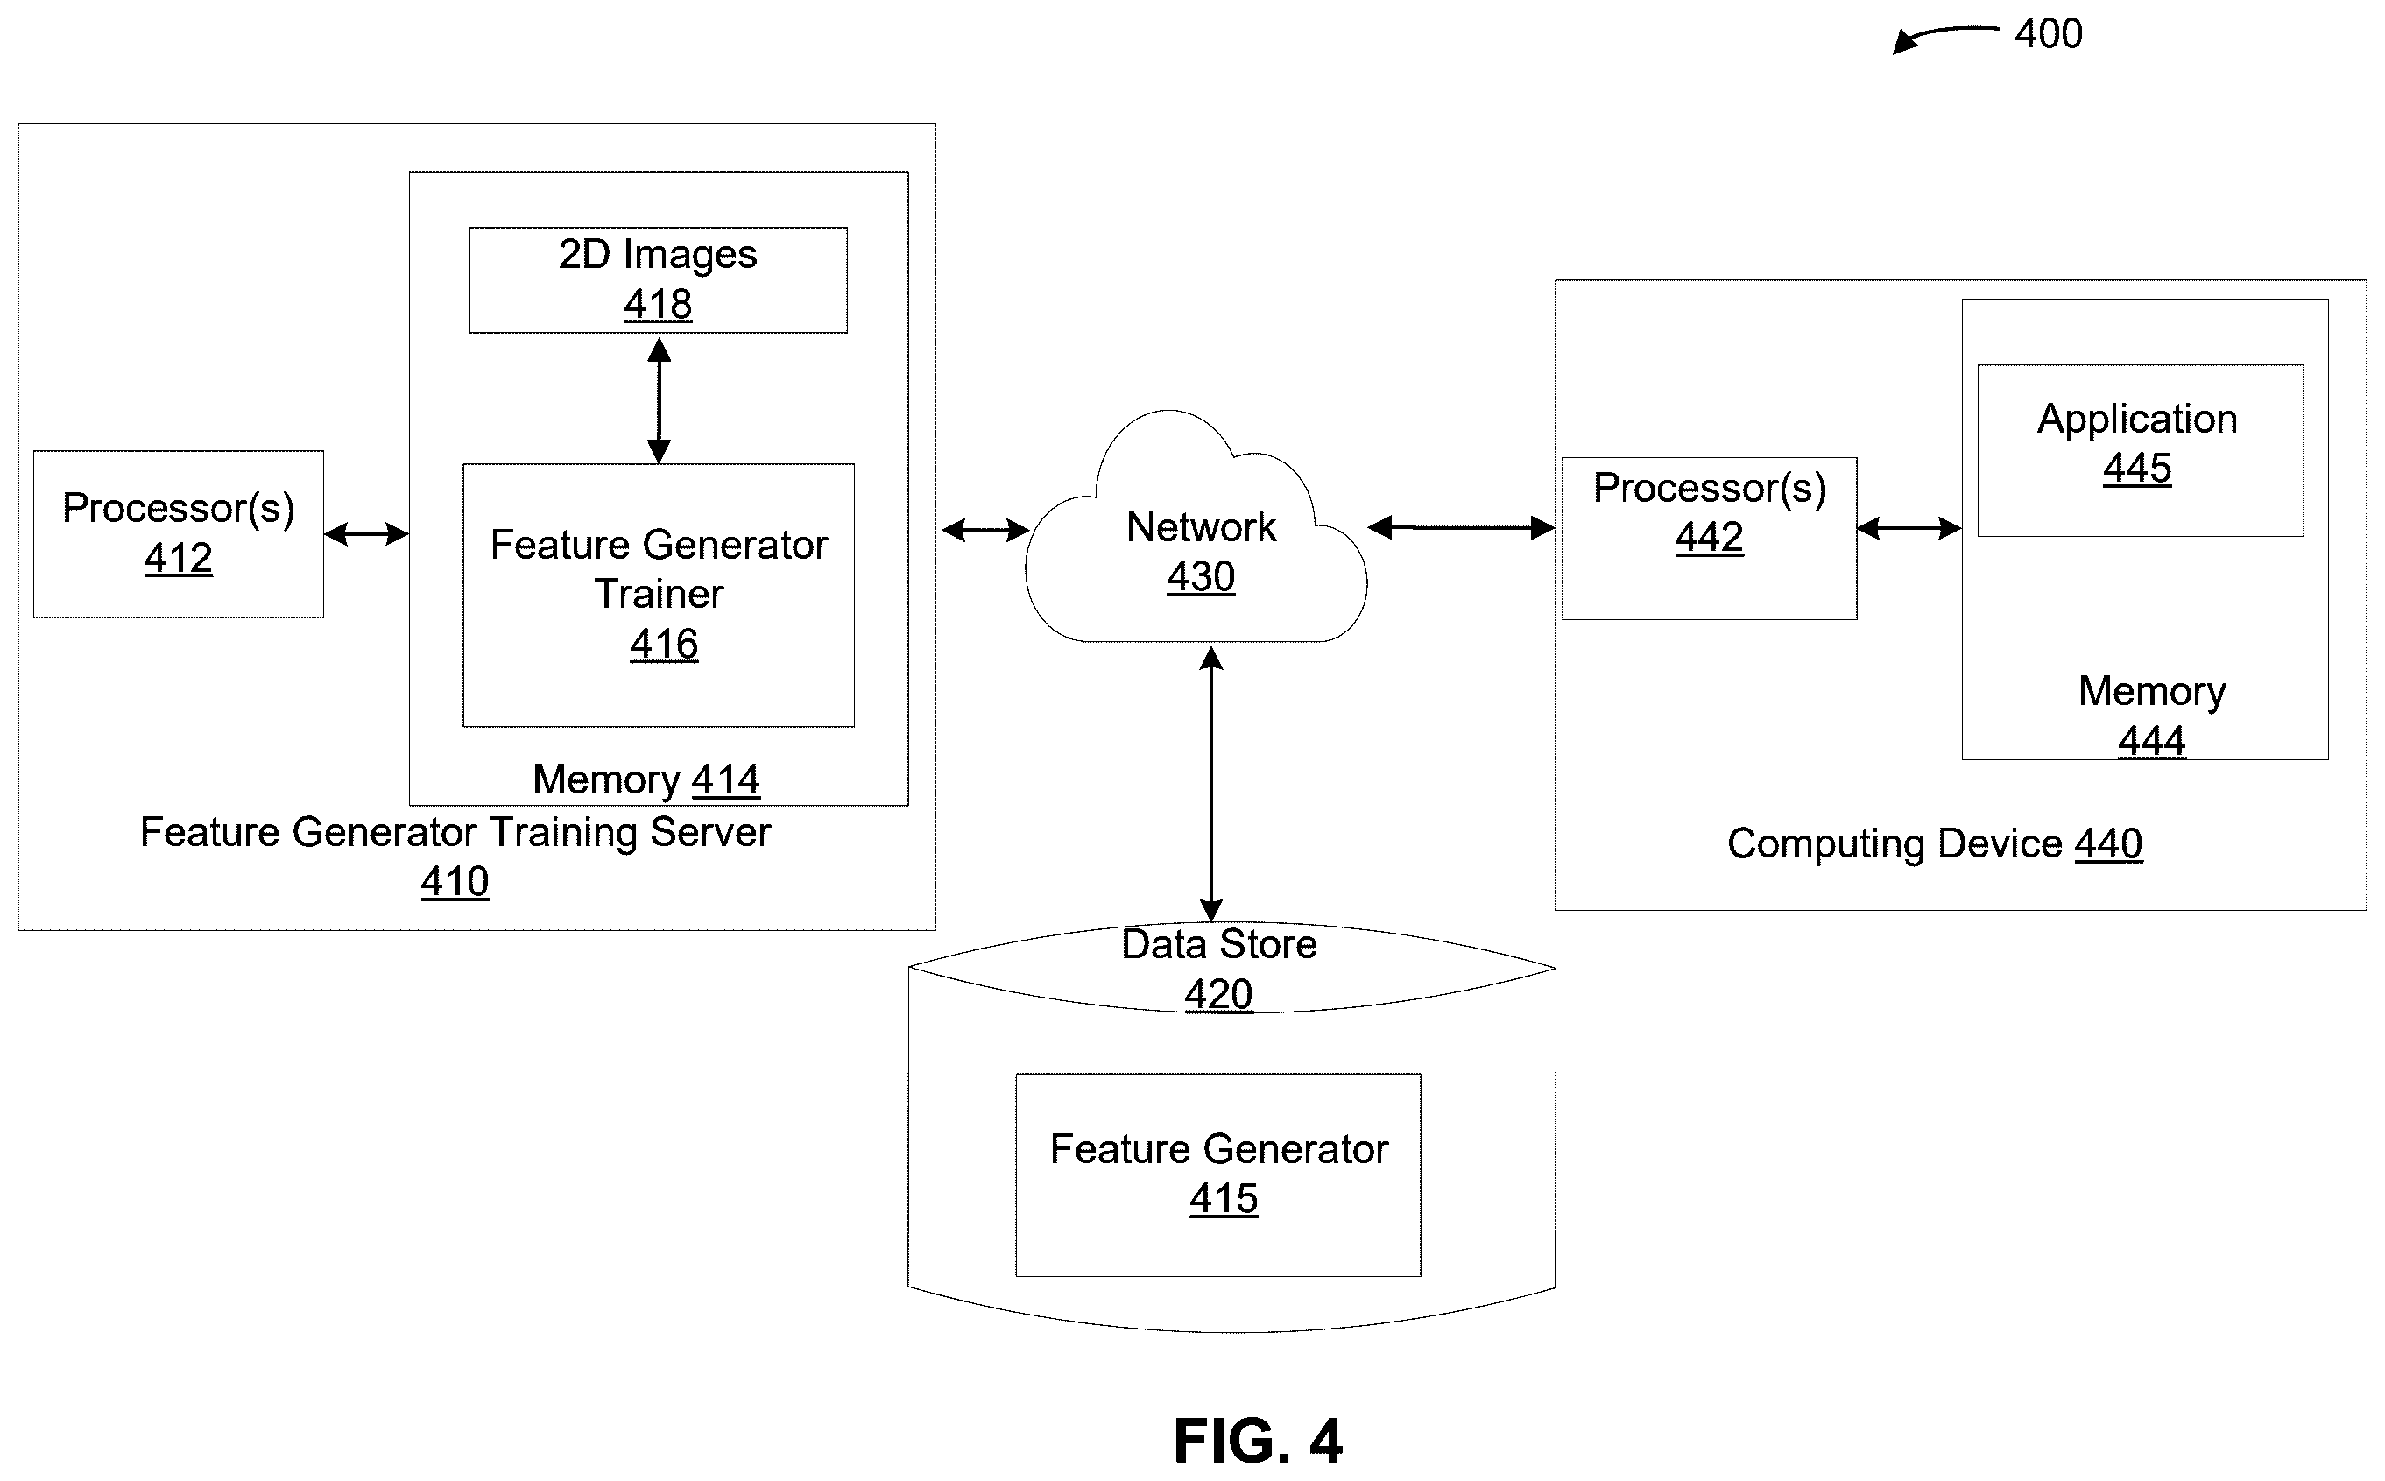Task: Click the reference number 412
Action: tap(179, 558)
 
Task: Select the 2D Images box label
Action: tap(657, 255)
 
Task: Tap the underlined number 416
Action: tap(664, 645)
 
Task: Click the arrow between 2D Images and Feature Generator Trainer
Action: tap(660, 399)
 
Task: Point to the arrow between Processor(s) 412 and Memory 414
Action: tap(366, 534)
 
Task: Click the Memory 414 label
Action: tap(646, 780)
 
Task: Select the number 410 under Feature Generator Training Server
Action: tap(455, 883)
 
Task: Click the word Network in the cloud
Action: tap(1201, 527)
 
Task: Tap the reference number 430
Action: tap(1201, 577)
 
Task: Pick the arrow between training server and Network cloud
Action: tap(985, 531)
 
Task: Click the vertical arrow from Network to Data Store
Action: tap(1211, 785)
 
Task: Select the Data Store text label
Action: tap(1218, 944)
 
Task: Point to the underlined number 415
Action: tap(1224, 1199)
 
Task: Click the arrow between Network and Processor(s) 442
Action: tap(1461, 528)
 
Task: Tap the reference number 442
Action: tap(1709, 538)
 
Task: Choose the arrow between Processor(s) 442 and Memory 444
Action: tap(1909, 529)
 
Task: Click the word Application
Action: tap(2137, 420)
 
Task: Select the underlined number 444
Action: tap(2152, 742)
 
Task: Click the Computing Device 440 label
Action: tap(1935, 844)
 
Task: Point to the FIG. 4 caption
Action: tap(1258, 1441)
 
